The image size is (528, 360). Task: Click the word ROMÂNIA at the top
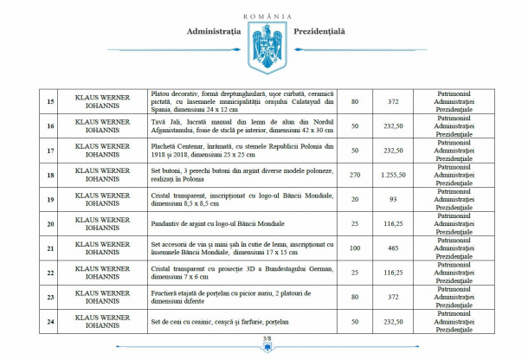[267, 16]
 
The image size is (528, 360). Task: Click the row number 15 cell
[50, 101]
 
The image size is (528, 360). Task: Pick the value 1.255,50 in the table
[393, 175]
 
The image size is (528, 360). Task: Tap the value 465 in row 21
[393, 248]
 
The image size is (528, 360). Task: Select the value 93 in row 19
[393, 199]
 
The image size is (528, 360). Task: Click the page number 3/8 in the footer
[267, 338]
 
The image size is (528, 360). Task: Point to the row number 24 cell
[50, 321]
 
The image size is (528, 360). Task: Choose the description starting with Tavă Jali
[241, 125]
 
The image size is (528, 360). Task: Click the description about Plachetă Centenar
[241, 150]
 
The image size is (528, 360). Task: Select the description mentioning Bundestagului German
[241, 273]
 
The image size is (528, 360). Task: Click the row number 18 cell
[50, 175]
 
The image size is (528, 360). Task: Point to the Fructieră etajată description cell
[241, 297]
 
